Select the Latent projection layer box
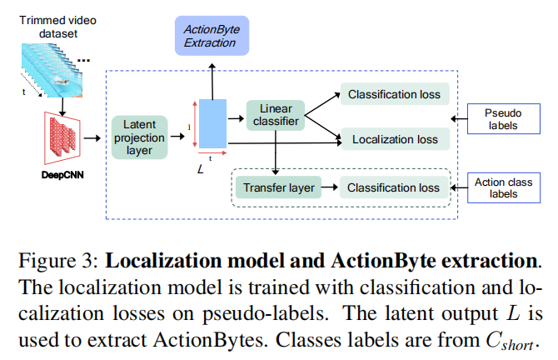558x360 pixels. [139, 137]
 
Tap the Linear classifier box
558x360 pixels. [275, 117]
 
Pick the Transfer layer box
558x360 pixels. [279, 187]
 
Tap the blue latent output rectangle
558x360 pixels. [212, 123]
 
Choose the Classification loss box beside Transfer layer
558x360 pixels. [394, 187]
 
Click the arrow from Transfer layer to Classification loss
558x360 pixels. [329, 187]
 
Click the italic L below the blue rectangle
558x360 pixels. [200, 167]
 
